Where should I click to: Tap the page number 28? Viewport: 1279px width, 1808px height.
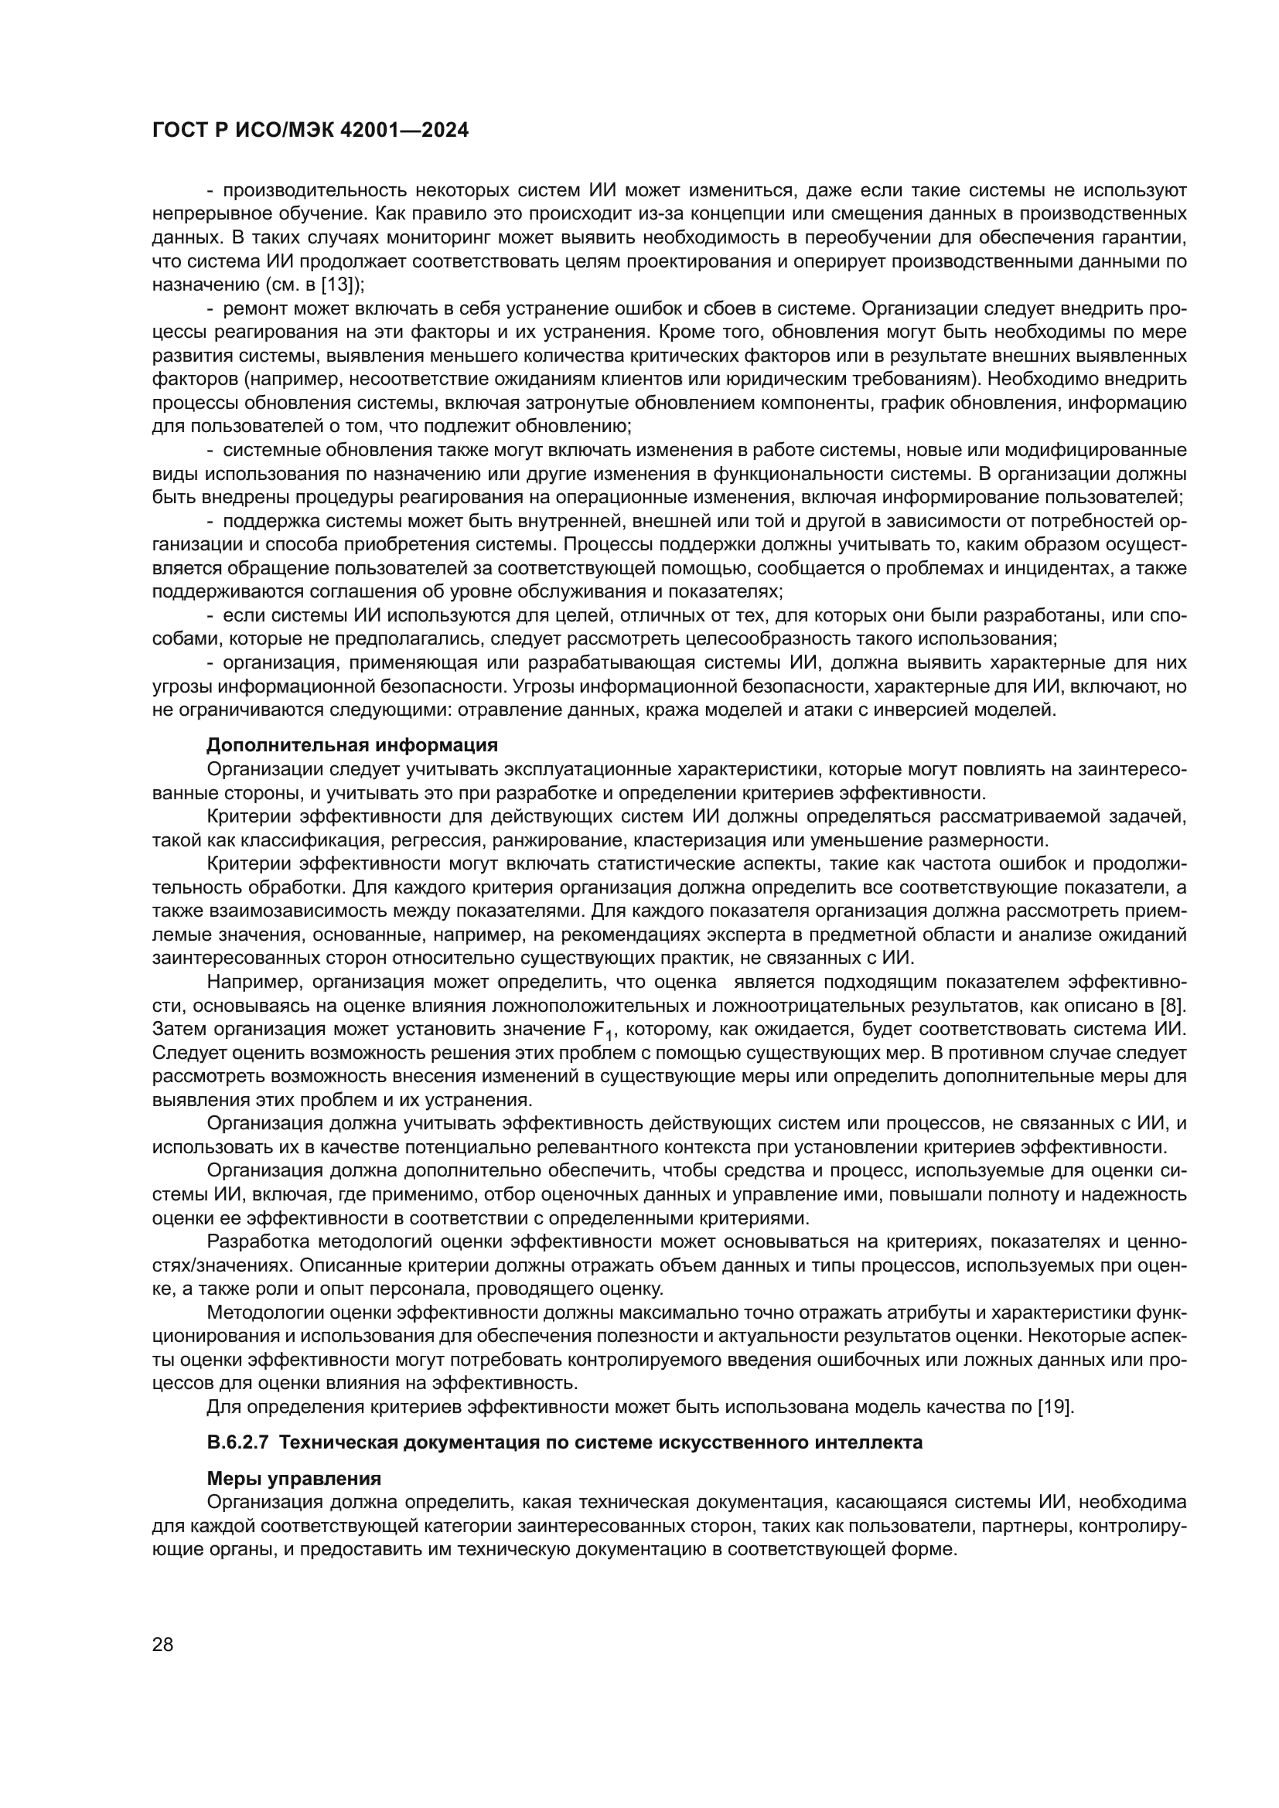pyautogui.click(x=162, y=1644)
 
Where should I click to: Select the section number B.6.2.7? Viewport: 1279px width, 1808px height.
pyautogui.click(x=240, y=1442)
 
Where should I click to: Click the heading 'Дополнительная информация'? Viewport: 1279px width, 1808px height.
pyautogui.click(x=351, y=744)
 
